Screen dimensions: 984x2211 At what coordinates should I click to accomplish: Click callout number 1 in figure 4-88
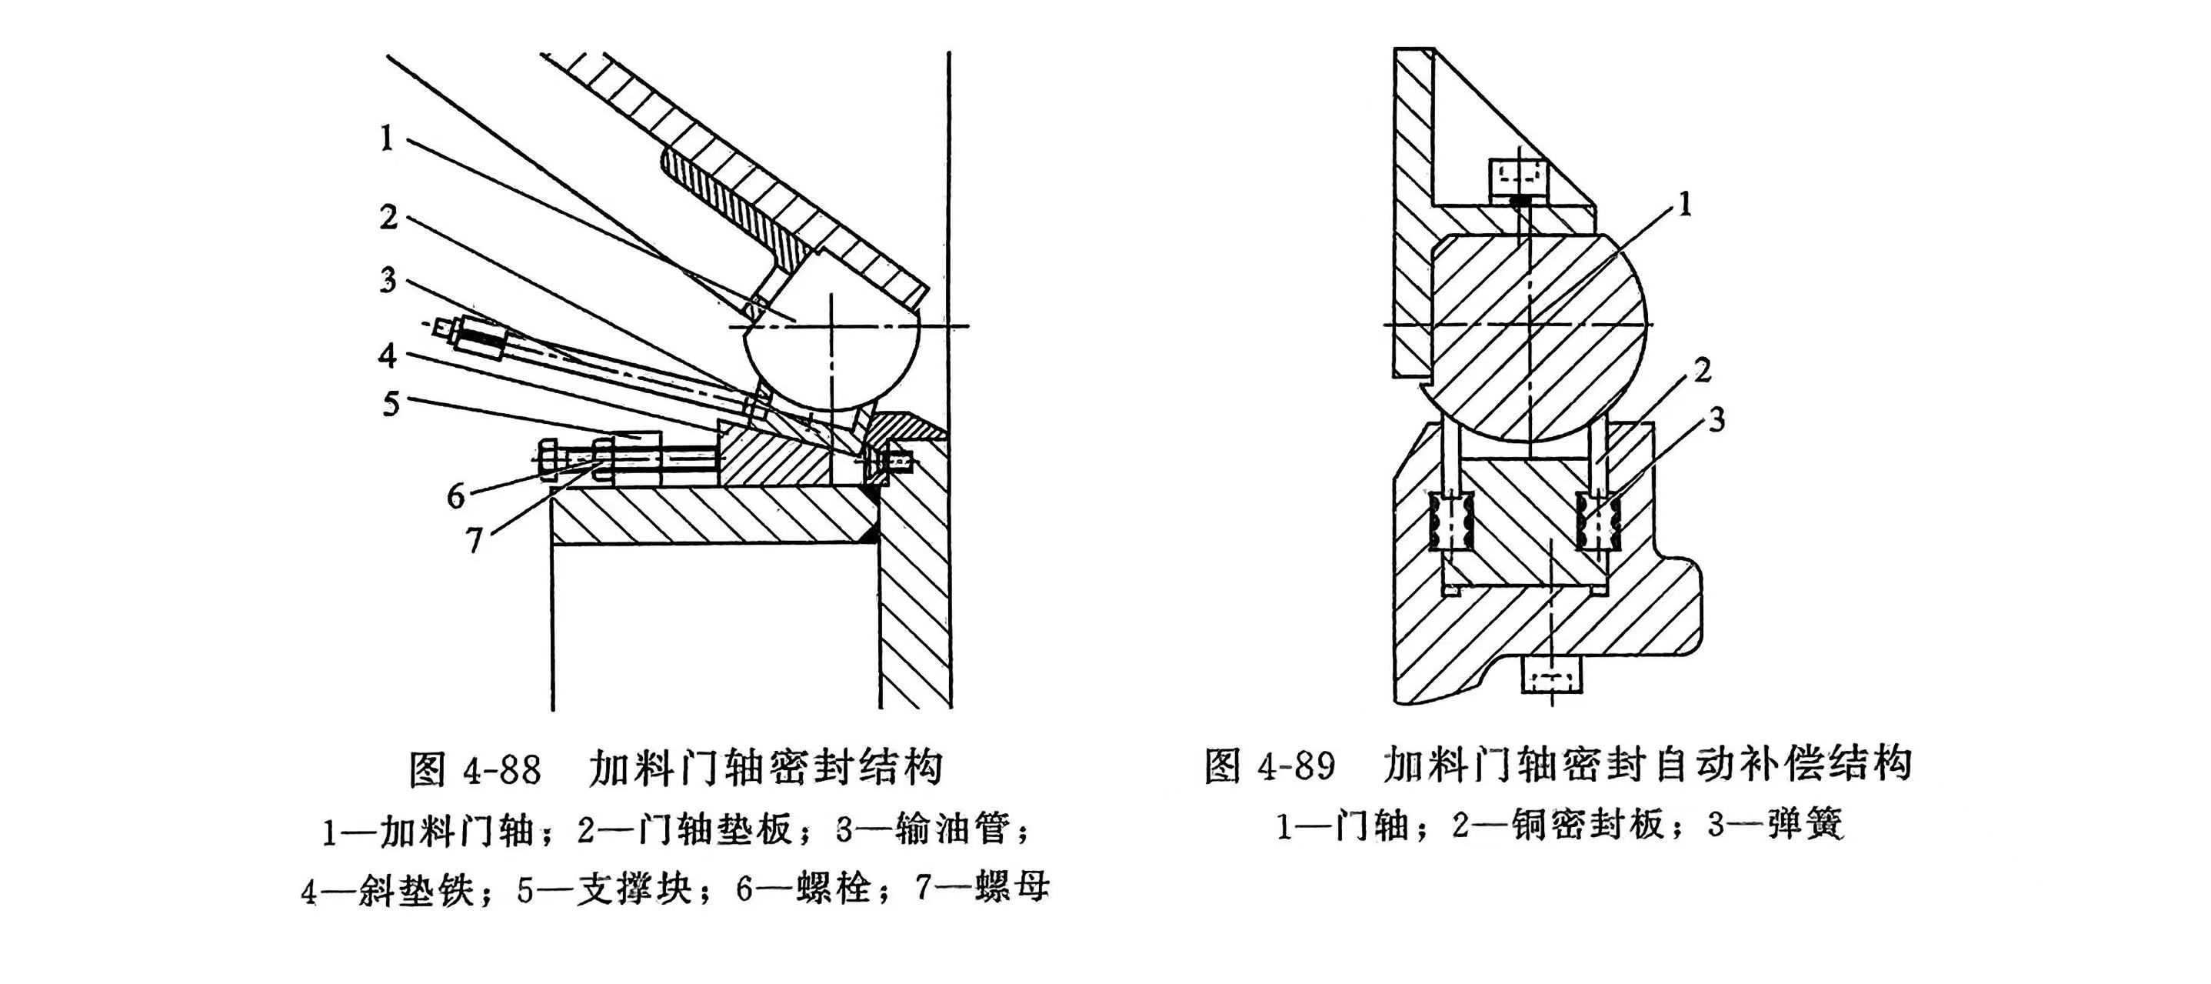pyautogui.click(x=387, y=138)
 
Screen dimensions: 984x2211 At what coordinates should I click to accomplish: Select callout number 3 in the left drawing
pyautogui.click(x=388, y=280)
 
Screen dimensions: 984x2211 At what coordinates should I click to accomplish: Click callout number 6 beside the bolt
pyautogui.click(x=456, y=495)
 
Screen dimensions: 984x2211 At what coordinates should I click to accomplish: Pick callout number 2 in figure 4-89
pyautogui.click(x=1702, y=370)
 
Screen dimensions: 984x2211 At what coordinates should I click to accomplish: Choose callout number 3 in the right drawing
pyautogui.click(x=1716, y=421)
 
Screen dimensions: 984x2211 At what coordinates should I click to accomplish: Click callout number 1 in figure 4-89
pyautogui.click(x=1685, y=205)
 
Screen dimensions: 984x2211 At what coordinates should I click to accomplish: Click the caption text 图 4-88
pyautogui.click(x=474, y=769)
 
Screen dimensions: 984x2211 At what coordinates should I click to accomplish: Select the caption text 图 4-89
pyautogui.click(x=1270, y=765)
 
